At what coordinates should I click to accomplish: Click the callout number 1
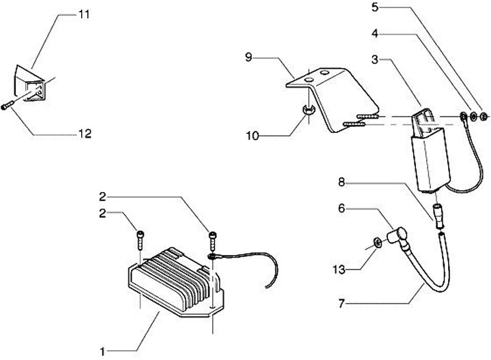pos(102,351)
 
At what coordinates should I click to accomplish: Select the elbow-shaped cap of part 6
pos(396,238)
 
